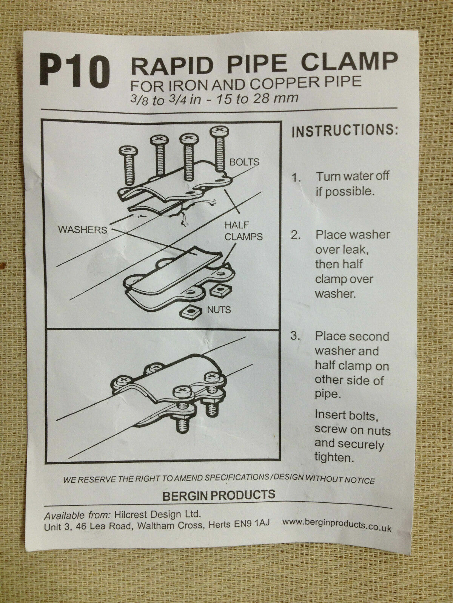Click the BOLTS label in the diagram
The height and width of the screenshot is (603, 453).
click(244, 162)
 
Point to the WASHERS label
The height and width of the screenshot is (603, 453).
click(82, 230)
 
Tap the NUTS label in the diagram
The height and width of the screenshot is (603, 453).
click(219, 309)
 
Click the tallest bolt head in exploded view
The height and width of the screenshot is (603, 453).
click(219, 132)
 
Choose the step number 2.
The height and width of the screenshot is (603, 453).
click(296, 236)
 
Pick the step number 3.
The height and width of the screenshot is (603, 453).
click(295, 335)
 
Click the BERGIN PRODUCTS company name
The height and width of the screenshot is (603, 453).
click(219, 495)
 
